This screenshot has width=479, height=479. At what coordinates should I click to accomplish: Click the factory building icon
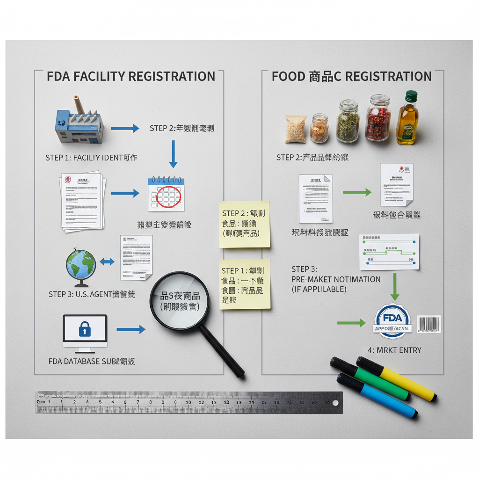coord(78,123)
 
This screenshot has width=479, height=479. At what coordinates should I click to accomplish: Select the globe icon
coord(80,265)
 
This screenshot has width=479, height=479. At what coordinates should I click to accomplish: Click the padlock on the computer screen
coord(85,330)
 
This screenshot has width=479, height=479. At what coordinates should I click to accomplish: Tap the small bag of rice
coord(295,129)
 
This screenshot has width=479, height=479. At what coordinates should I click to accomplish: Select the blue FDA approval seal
coord(392,321)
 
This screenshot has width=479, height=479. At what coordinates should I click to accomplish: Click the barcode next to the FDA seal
coord(428,324)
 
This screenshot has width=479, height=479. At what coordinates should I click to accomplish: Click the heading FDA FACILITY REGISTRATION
coord(131,76)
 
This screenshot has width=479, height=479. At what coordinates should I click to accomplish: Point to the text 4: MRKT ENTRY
coord(394,350)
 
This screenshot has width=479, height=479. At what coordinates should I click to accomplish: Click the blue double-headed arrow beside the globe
coord(107,262)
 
